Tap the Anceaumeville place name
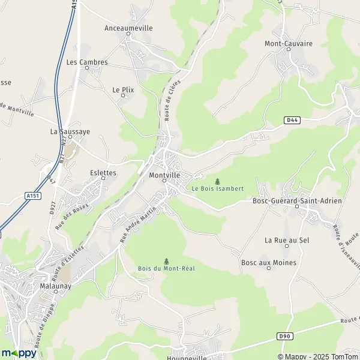click(x=128, y=28)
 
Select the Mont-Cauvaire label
click(x=289, y=43)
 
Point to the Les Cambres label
click(x=87, y=62)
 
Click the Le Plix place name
click(x=123, y=89)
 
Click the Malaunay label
click(x=52, y=271)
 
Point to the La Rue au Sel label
click(x=287, y=240)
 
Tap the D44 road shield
click(x=292, y=121)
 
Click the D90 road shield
click(x=285, y=337)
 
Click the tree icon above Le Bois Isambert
click(x=217, y=181)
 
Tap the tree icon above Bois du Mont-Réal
click(x=166, y=260)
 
